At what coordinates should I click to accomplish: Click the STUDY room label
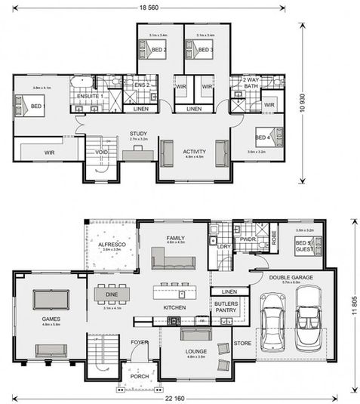[137, 134]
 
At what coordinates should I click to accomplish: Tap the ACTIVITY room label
[194, 151]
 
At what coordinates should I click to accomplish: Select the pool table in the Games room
[49, 301]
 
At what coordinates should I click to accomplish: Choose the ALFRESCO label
[112, 245]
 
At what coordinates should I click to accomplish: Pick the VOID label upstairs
[100, 153]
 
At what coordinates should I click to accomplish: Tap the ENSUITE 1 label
[90, 97]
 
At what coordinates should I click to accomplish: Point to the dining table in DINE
[112, 293]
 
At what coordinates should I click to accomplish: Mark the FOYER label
[139, 341]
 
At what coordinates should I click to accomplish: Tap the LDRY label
[223, 246]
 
